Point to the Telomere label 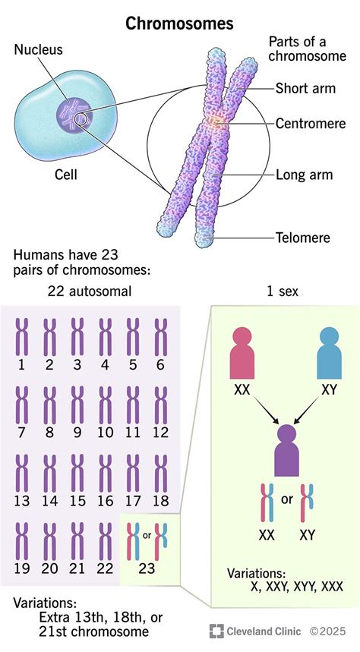tap(302, 238)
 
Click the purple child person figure tap(286, 449)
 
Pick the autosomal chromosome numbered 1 tap(22, 336)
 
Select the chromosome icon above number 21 tap(77, 540)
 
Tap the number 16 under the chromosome tap(105, 501)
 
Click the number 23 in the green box tap(148, 568)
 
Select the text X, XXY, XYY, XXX tap(285, 586)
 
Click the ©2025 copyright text tap(330, 631)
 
